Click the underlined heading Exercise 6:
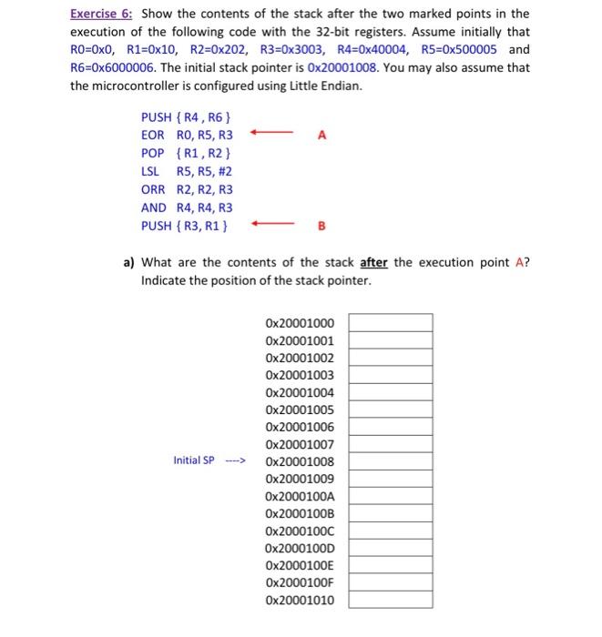pyautogui.click(x=103, y=14)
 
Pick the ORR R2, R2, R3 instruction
pyautogui.click(x=187, y=189)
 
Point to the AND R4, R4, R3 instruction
pyautogui.click(x=187, y=207)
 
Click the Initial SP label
pyautogui.click(x=194, y=460)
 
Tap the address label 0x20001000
pyautogui.click(x=300, y=322)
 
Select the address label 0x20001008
pyautogui.click(x=300, y=460)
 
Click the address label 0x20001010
pyautogui.click(x=300, y=600)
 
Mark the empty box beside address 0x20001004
pyautogui.click(x=390, y=391)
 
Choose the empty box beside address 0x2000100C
pyautogui.click(x=390, y=531)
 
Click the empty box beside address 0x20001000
pyautogui.click(x=390, y=322)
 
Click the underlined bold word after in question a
pyautogui.click(x=374, y=262)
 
